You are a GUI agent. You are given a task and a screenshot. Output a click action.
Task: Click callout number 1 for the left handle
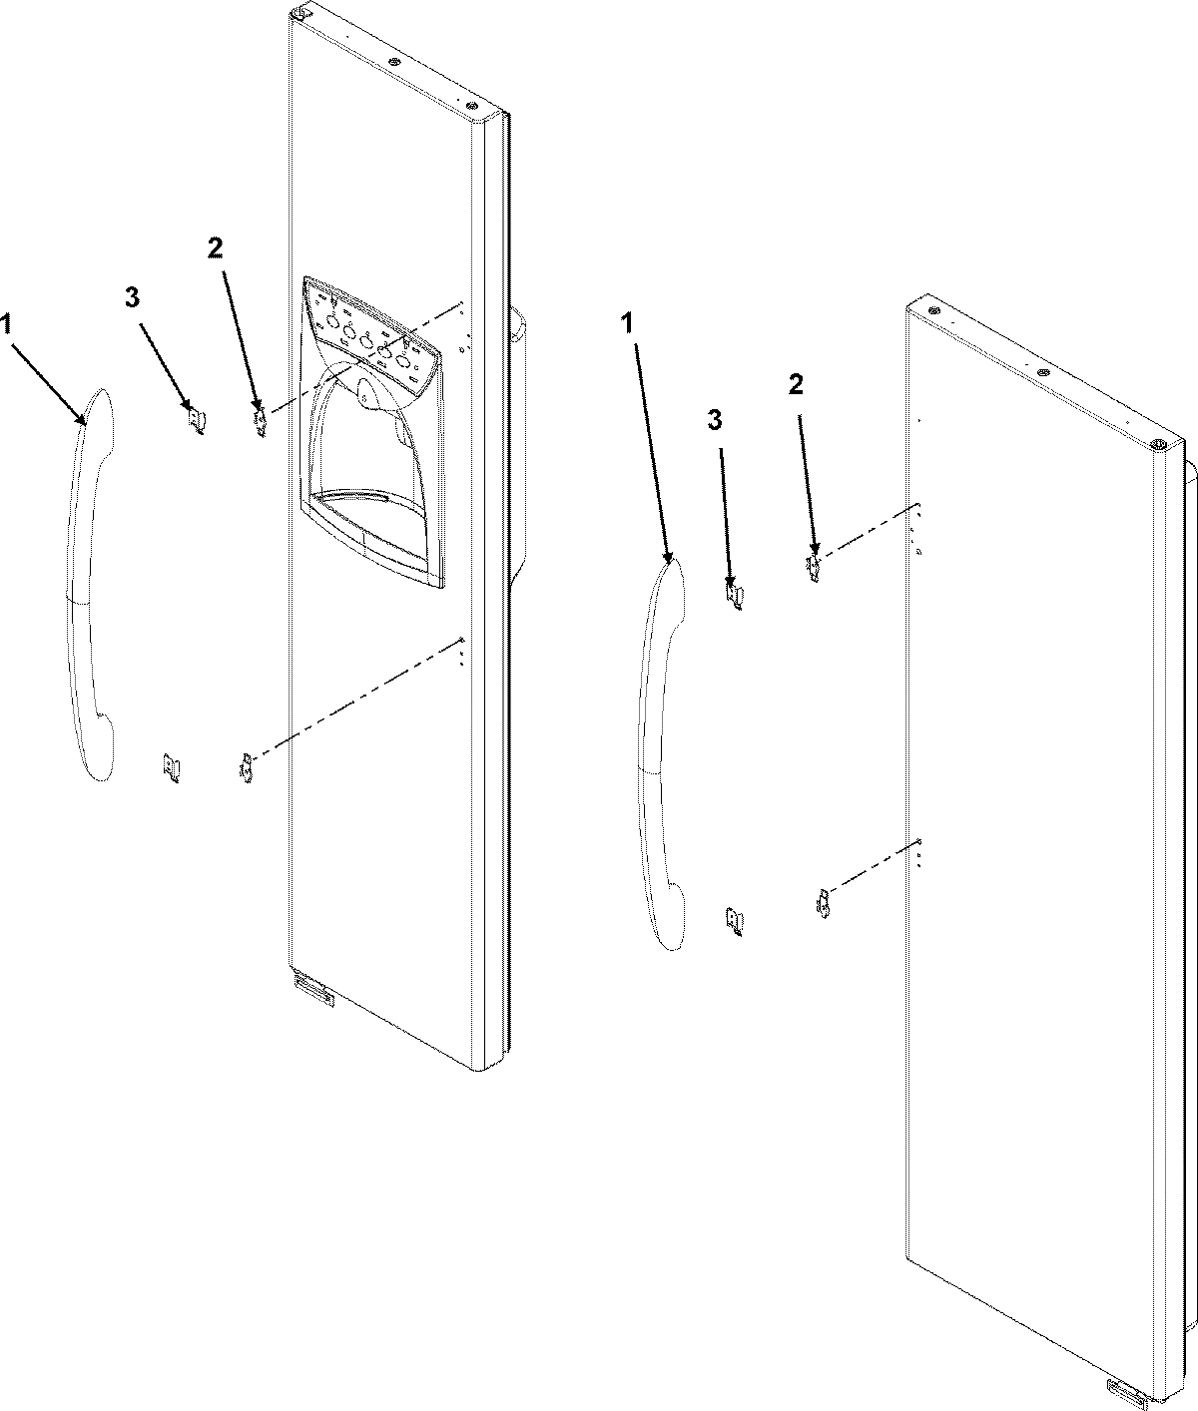(x=8, y=323)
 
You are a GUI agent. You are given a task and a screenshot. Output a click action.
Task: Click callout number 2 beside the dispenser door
(x=215, y=249)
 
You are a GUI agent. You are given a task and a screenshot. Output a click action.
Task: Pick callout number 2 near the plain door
(x=796, y=386)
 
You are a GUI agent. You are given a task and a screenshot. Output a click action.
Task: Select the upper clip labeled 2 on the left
(x=261, y=421)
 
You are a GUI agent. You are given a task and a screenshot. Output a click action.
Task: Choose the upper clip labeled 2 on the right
(x=815, y=570)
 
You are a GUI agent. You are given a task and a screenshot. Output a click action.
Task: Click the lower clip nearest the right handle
(x=735, y=921)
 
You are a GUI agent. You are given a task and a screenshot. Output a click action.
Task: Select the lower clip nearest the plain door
(x=824, y=906)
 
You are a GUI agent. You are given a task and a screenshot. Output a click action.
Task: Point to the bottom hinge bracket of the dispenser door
(x=312, y=991)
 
